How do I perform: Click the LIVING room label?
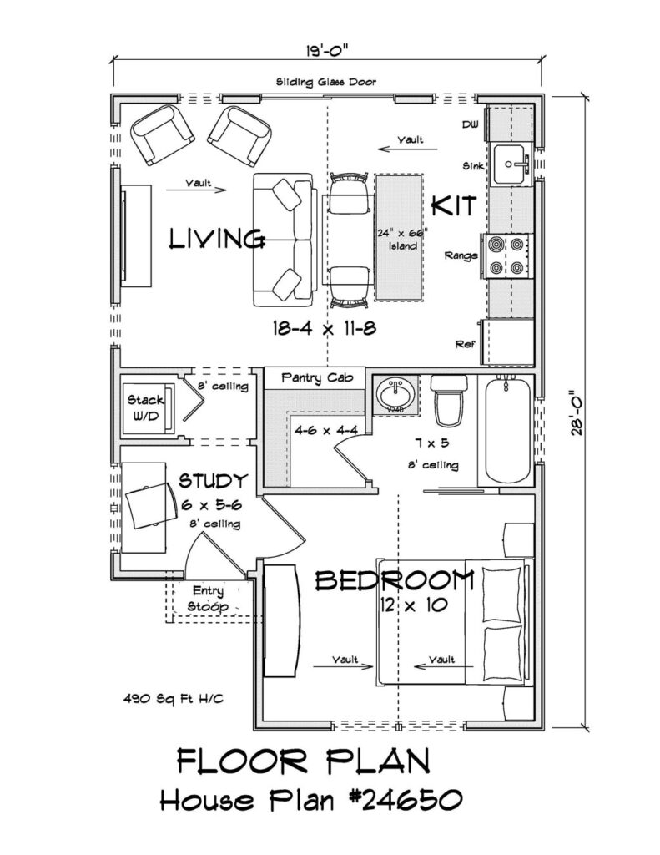click(x=218, y=240)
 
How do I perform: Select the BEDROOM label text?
click(x=395, y=579)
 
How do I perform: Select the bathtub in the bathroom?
click(x=507, y=430)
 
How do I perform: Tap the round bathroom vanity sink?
click(x=393, y=393)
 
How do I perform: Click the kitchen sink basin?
click(x=510, y=164)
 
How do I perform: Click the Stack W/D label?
click(x=147, y=407)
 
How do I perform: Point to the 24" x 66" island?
click(x=401, y=237)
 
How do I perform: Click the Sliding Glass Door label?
click(x=326, y=82)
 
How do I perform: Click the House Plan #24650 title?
click(x=309, y=800)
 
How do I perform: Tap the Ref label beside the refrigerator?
click(x=465, y=344)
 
